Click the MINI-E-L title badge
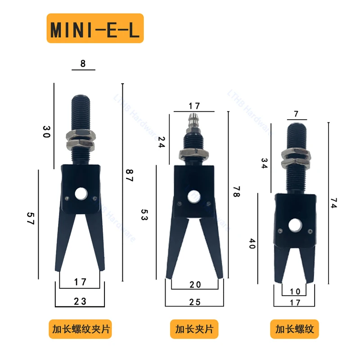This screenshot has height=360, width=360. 95,28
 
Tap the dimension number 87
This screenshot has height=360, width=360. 130,175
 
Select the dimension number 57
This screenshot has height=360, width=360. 31,218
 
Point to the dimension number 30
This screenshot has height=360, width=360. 47,131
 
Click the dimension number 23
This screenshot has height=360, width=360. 80,301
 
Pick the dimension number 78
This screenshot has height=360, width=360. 237,192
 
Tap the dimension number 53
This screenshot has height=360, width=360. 144,215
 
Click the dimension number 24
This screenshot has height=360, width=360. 162,142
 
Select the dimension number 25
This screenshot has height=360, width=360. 195,302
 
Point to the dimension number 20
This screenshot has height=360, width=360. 195,285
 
